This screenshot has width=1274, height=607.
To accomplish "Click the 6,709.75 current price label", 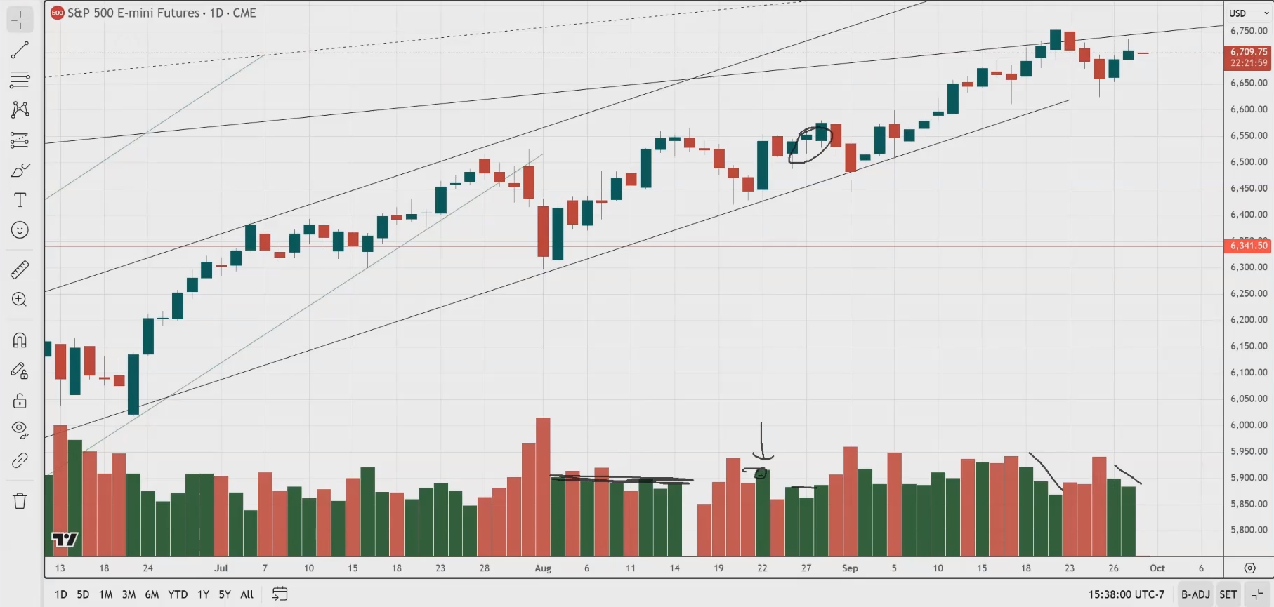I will (1248, 52).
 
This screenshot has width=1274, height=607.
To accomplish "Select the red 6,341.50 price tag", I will (1248, 246).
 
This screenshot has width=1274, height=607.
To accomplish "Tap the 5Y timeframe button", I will (225, 594).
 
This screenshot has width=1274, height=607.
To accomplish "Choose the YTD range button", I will (178, 594).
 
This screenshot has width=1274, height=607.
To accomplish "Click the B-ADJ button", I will (1195, 594).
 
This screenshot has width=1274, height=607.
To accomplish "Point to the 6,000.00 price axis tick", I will (1249, 425).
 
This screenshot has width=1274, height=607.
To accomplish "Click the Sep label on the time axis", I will (850, 568).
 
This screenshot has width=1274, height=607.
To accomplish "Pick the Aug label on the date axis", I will (543, 568).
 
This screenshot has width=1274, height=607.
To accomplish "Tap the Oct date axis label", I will (1157, 568).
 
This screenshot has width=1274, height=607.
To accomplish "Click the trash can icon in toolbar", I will (20, 501).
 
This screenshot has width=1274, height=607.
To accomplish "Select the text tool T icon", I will (20, 200).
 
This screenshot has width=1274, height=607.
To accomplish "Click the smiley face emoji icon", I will (20, 230).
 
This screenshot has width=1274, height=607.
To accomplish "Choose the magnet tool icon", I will (20, 340).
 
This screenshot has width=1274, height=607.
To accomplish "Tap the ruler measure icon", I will (20, 270).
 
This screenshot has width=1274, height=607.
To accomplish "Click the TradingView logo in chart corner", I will (65, 540).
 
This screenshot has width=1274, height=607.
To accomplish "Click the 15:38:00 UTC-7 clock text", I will (1126, 594).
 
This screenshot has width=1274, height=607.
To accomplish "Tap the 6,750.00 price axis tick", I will (1249, 31).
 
